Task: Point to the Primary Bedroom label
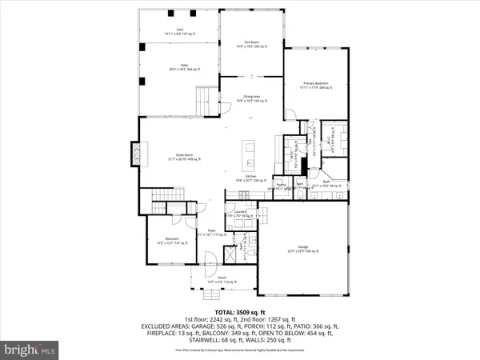(x=317, y=85)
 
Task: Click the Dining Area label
(x=253, y=98)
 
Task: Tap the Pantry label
(x=281, y=187)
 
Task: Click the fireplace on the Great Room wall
(x=135, y=151)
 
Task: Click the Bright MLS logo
(x=30, y=348)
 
